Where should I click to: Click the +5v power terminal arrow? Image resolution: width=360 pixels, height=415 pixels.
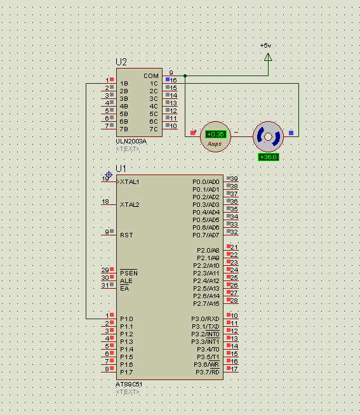point(267,57)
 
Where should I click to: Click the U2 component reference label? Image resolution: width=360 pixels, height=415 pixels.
point(121,62)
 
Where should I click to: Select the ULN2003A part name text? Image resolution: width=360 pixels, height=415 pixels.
point(131,141)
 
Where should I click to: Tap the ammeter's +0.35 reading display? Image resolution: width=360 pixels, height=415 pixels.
point(216,135)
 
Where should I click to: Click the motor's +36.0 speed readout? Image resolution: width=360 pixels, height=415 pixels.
point(268,157)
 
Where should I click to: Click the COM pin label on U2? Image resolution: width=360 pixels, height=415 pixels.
point(151,76)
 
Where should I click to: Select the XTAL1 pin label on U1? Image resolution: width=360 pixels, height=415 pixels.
point(130,181)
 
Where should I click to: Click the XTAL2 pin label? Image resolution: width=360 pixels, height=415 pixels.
point(130,204)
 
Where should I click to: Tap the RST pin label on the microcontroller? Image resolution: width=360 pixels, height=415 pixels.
point(126,235)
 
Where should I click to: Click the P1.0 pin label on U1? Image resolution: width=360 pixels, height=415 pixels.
point(126,319)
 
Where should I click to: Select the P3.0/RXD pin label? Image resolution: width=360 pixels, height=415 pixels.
point(205,319)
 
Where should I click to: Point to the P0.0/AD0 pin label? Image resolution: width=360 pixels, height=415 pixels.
point(206,181)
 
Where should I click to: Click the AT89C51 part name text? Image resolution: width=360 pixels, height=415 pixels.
point(130,385)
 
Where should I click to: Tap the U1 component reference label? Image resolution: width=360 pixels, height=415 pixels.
point(121,169)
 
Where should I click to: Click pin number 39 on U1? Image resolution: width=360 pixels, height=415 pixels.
point(234,179)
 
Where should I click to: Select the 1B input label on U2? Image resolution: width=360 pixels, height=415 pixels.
point(124,84)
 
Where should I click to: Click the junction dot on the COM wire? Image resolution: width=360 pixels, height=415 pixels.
point(185,76)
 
